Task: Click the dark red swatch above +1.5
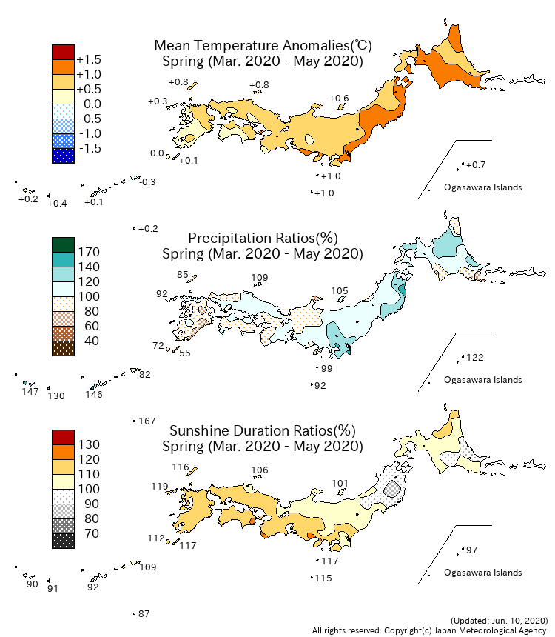tap(63, 52)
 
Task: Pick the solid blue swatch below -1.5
tap(63, 156)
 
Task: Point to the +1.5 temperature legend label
tap(89, 59)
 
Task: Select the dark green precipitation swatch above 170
tap(63, 244)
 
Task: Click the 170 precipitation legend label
tap(89, 252)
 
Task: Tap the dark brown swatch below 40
tap(63, 348)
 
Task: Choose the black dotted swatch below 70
tap(63, 541)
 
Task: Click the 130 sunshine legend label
tap(89, 444)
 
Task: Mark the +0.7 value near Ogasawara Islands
tap(476, 164)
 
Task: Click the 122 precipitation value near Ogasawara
tap(474, 358)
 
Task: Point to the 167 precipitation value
tap(147, 421)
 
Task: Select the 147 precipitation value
tap(30, 391)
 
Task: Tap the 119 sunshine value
tap(160, 487)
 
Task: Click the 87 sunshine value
tap(144, 614)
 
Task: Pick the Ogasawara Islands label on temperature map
tap(483, 187)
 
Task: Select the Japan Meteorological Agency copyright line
tap(429, 630)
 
